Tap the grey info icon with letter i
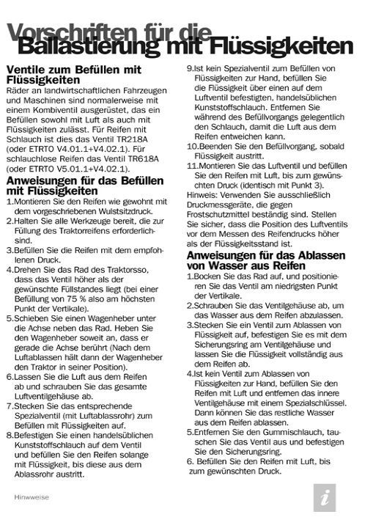[x=325, y=496]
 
